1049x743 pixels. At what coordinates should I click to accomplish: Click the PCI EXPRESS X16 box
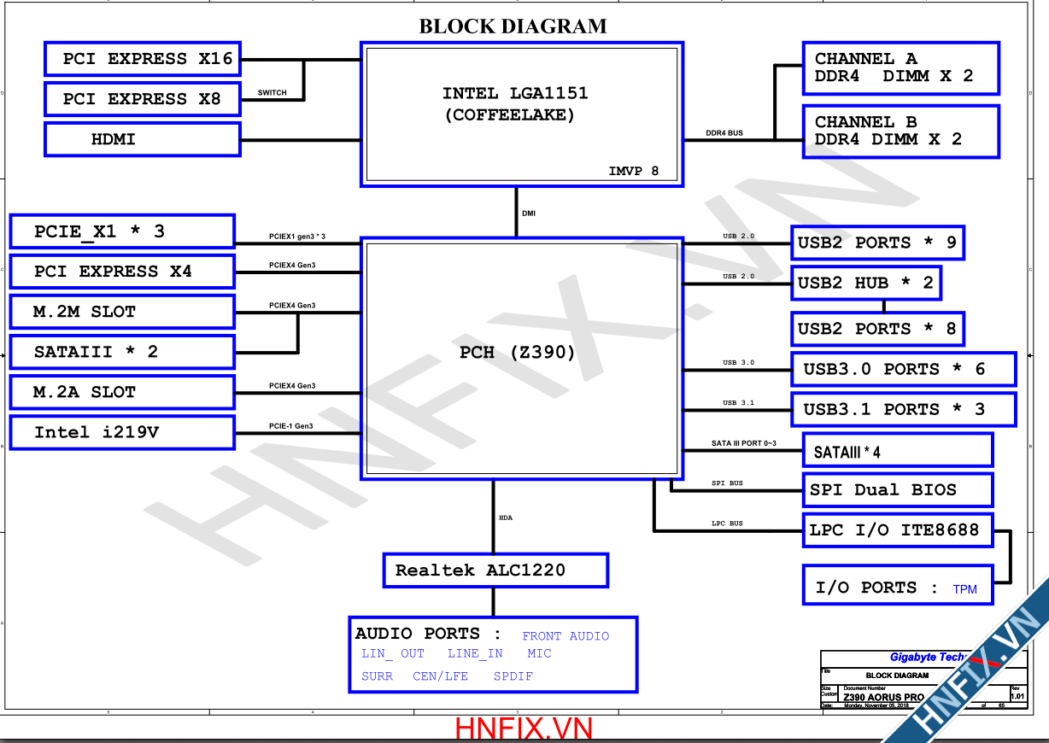tap(142, 59)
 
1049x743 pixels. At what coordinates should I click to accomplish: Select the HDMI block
tap(142, 139)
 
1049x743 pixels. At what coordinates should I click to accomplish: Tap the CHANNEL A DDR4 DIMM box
tap(900, 67)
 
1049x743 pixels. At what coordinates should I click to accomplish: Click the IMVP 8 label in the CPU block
tap(633, 171)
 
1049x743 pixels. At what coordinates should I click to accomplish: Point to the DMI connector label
tap(529, 213)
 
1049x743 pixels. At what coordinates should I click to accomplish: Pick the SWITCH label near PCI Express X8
tap(273, 92)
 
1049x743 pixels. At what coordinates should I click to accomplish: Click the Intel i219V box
tap(121, 432)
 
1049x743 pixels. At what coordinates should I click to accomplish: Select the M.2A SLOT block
tap(121, 392)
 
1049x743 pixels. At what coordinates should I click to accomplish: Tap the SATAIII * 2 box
tap(121, 351)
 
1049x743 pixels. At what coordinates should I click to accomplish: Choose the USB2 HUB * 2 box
tap(865, 283)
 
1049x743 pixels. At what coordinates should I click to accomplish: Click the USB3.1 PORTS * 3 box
tap(903, 409)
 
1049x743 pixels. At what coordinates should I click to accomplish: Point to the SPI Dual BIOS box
tap(897, 489)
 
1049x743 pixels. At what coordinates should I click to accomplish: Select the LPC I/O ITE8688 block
tap(897, 530)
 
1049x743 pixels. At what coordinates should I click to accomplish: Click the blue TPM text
tap(964, 589)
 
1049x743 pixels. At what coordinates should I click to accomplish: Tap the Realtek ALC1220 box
tap(495, 570)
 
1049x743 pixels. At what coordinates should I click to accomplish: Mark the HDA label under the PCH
tap(506, 518)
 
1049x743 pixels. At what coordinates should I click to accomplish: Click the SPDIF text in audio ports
tap(513, 676)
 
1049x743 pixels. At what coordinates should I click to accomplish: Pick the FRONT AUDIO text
tap(566, 636)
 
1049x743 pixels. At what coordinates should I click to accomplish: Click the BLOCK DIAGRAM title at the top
tap(513, 26)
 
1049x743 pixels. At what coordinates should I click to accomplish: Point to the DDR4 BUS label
tap(724, 133)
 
